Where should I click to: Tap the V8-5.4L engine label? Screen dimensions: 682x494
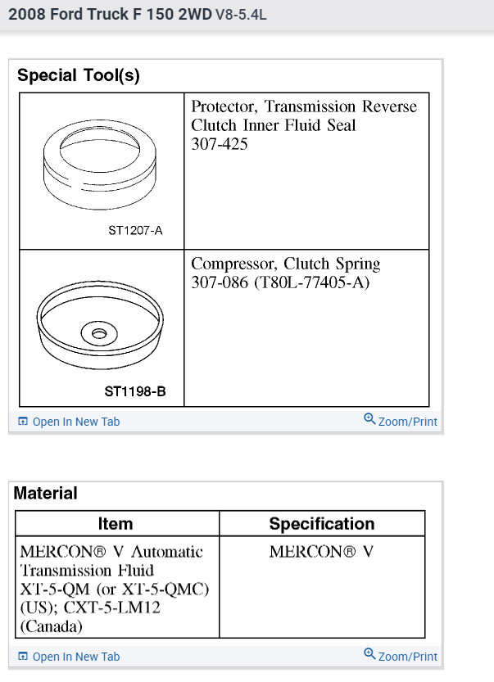tap(241, 15)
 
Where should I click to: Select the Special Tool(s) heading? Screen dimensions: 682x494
tap(79, 76)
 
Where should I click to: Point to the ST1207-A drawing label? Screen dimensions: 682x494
tap(135, 230)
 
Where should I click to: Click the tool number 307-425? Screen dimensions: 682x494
tap(220, 144)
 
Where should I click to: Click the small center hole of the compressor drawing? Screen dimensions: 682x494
tap(100, 334)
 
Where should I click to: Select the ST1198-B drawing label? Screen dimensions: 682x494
tap(135, 391)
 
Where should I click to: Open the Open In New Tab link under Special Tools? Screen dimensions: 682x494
tap(75, 422)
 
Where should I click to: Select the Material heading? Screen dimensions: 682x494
tap(46, 493)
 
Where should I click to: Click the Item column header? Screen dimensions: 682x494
tap(115, 524)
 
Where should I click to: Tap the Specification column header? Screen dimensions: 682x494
tap(322, 524)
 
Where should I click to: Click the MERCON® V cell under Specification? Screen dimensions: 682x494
tap(321, 551)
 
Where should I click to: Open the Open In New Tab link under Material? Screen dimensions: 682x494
tap(75, 657)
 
